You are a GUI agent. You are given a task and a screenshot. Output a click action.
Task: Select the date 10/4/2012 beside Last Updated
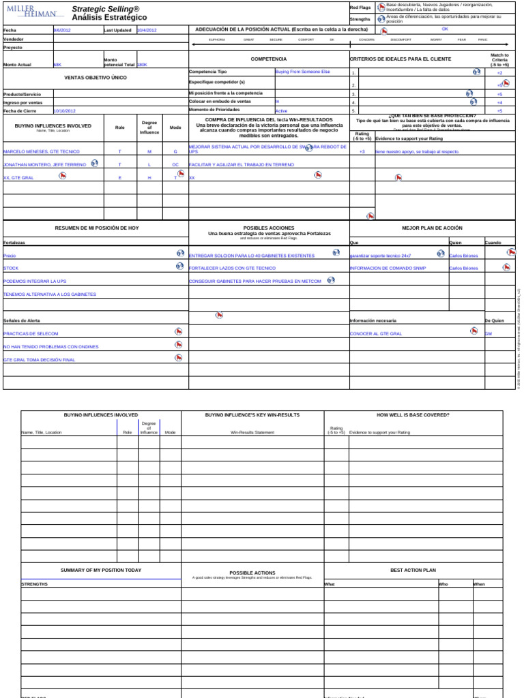tap(146, 30)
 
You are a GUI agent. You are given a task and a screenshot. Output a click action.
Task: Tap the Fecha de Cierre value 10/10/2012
tap(65, 110)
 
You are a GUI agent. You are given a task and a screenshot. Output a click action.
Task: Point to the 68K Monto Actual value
tap(57, 65)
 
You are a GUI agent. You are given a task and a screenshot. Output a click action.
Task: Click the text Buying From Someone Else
tap(302, 72)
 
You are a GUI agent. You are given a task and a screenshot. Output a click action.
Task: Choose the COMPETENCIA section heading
tap(269, 59)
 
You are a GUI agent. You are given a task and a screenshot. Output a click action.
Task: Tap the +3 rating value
tap(362, 152)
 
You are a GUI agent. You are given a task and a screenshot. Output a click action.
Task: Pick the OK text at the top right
tap(445, 29)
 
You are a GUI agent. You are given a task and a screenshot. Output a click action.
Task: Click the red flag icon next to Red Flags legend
tap(381, 7)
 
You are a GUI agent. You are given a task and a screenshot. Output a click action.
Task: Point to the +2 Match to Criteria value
tap(499, 72)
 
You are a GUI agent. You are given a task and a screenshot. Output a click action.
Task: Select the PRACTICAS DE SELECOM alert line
tap(31, 333)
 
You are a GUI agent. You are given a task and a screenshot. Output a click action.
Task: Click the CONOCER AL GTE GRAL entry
tap(376, 333)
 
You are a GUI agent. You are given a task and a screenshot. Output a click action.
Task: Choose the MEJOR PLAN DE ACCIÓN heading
tap(433, 228)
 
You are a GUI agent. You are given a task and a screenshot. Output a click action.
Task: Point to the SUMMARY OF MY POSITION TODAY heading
tap(101, 570)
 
